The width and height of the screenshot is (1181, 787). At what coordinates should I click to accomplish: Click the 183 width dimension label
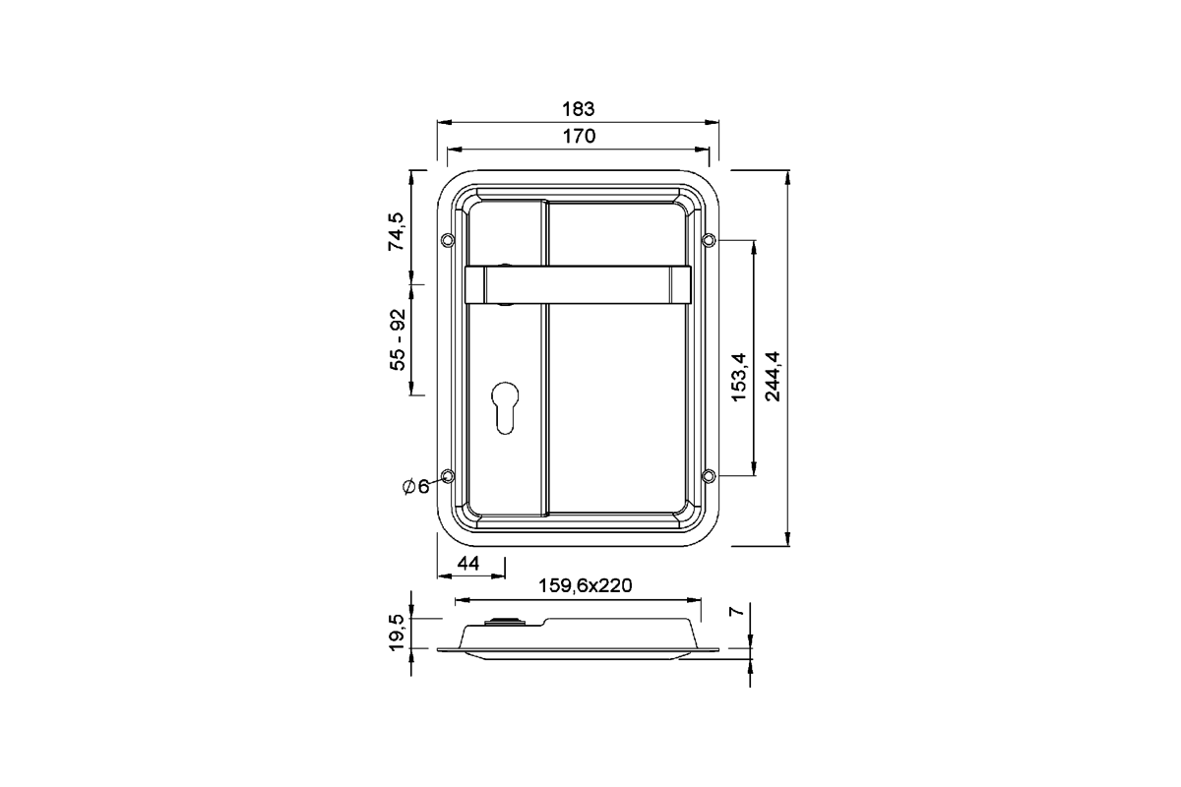579,108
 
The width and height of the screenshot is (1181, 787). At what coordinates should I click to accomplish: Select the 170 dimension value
579,137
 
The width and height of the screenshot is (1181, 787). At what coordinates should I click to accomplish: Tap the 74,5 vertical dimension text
397,232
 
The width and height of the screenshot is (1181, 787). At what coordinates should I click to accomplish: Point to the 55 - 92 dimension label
397,339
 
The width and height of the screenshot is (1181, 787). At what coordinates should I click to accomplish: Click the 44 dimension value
468,563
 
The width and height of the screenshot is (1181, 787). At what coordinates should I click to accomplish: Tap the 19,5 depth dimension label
397,633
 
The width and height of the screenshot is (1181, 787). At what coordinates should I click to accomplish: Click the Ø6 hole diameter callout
415,486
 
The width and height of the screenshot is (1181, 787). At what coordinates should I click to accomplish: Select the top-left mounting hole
449,240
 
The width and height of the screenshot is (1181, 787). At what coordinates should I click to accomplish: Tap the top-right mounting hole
708,240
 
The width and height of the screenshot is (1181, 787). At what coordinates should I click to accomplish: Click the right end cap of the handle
681,285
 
